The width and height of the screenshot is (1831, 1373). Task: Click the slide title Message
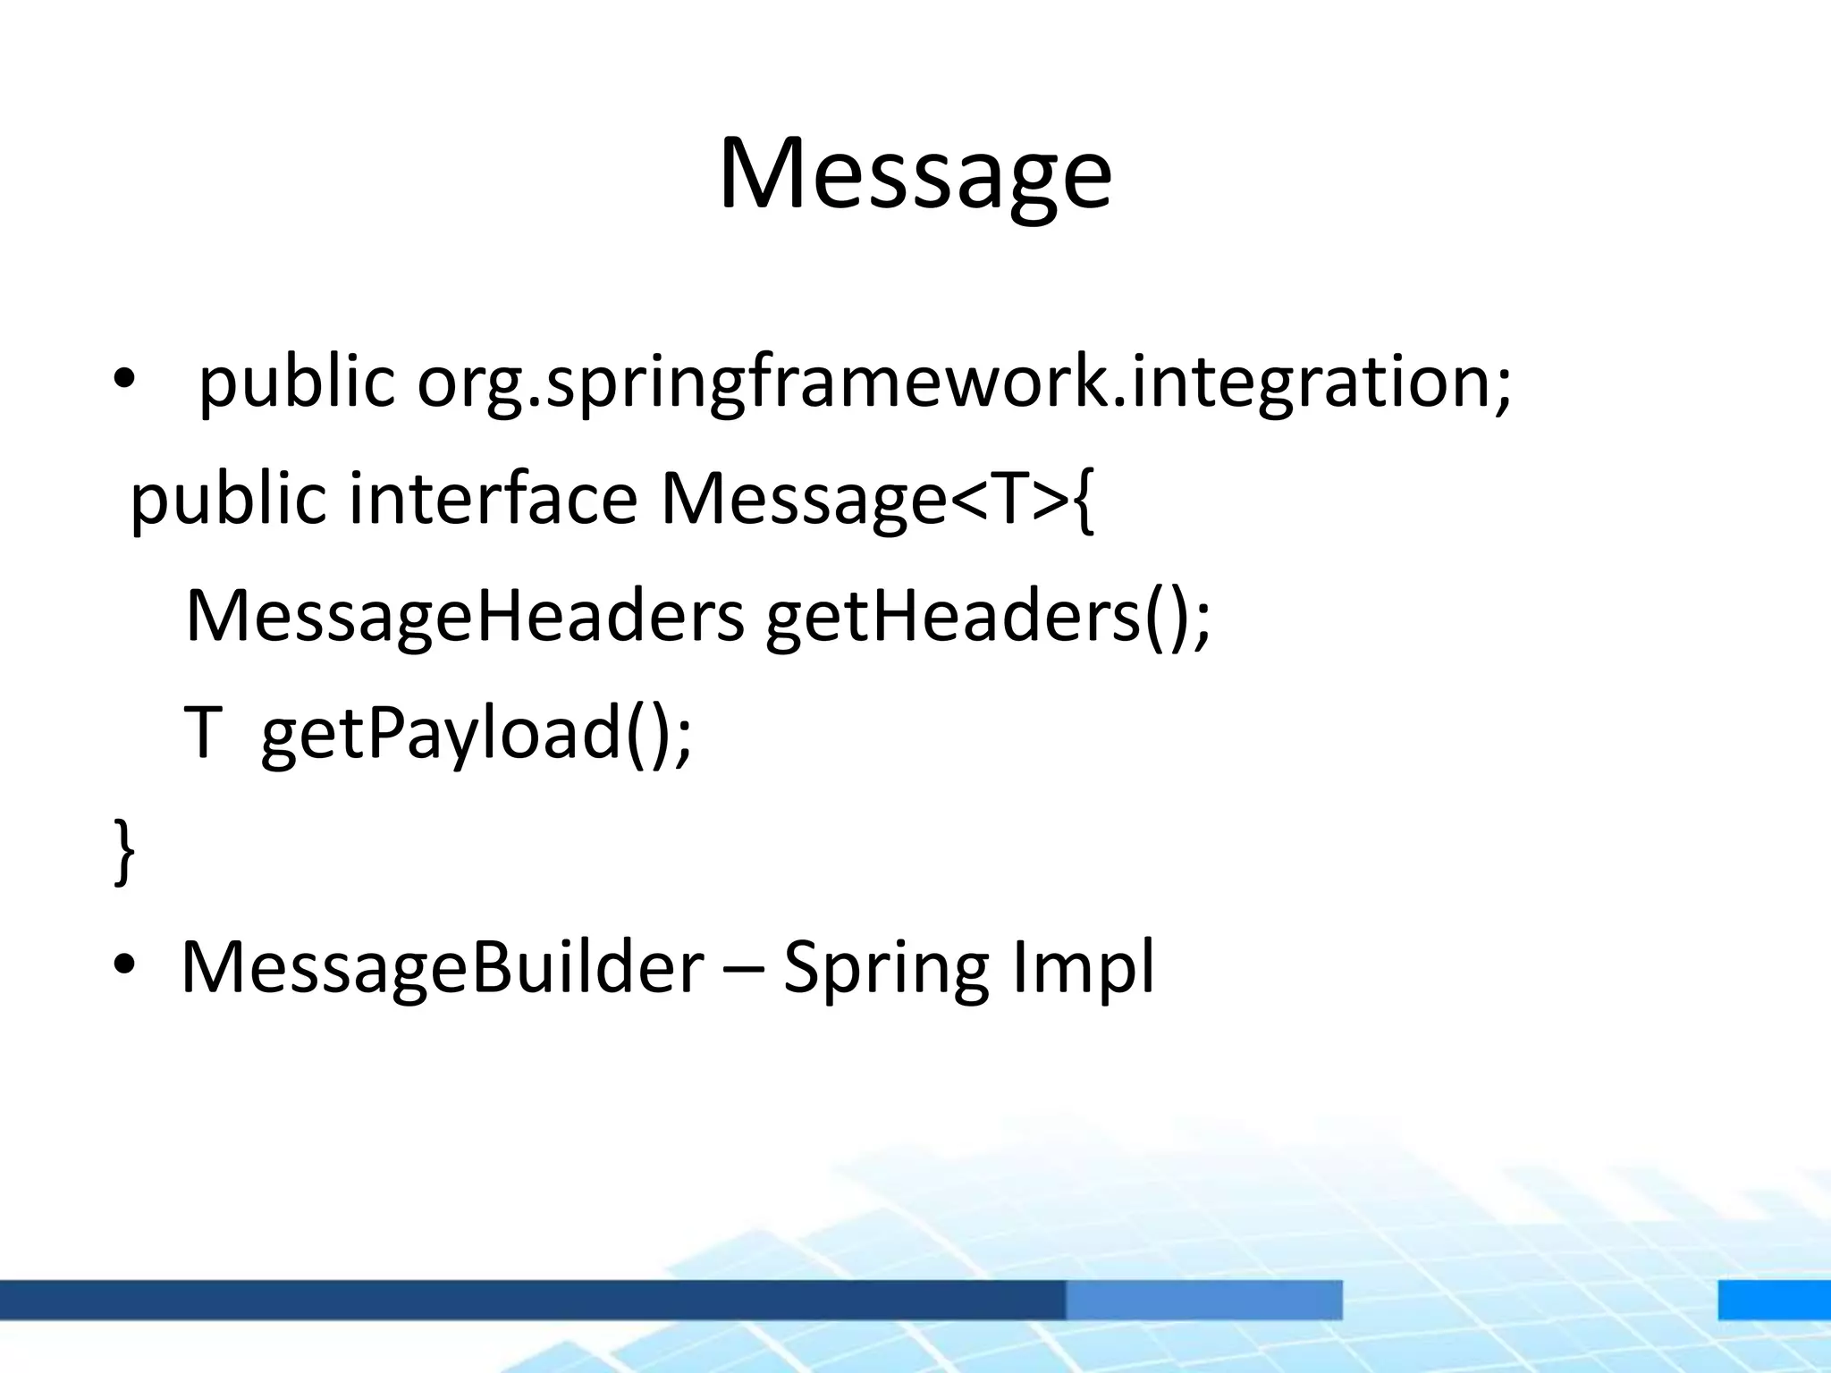coord(915,174)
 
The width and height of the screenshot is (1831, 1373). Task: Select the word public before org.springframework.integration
coord(296,382)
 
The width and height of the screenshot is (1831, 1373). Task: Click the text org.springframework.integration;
coord(964,382)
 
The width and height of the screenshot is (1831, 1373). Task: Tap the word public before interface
coord(228,499)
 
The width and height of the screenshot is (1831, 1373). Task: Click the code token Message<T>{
coord(876,499)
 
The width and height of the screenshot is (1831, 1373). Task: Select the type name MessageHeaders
coord(464,616)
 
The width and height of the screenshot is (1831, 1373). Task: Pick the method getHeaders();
coord(988,616)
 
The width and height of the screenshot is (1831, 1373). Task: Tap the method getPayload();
coord(477,733)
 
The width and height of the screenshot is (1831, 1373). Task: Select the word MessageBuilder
coord(443,967)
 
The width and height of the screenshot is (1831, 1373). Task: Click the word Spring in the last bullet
coord(885,969)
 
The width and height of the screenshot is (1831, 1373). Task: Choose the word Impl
coord(1084,967)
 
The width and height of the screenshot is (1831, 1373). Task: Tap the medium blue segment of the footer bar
coord(1203,1300)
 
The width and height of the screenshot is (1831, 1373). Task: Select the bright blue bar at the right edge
coord(1774,1300)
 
